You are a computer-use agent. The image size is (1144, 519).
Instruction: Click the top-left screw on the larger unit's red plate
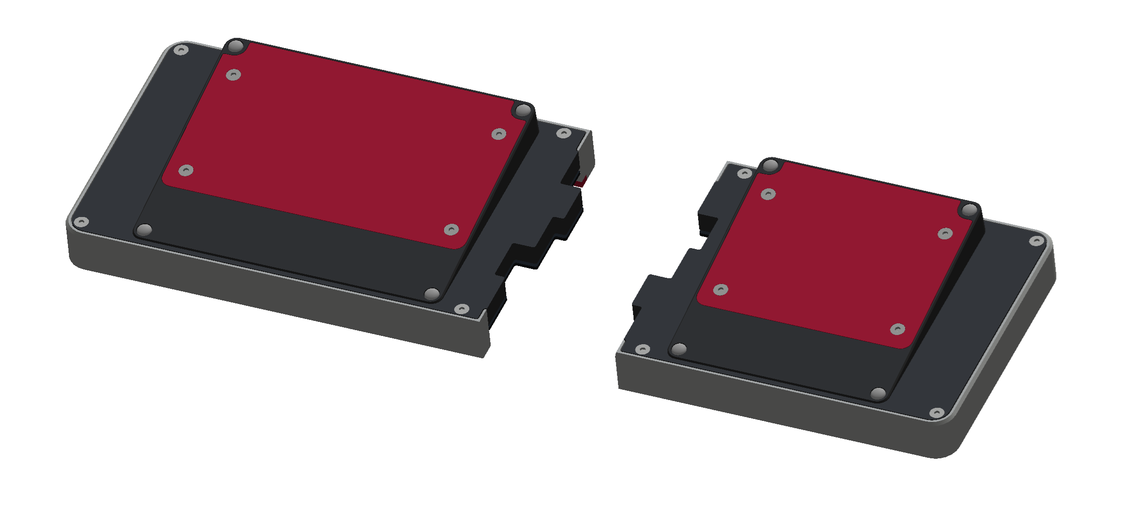point(234,75)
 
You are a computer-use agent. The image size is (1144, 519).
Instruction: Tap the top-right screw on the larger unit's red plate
point(499,134)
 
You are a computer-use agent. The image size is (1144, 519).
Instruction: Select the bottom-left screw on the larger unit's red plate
point(186,170)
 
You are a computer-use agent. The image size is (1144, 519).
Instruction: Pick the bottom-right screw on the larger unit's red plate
point(451,230)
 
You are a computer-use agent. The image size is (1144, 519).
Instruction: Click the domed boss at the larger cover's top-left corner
point(236,47)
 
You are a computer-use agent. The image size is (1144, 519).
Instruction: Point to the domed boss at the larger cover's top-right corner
point(523,111)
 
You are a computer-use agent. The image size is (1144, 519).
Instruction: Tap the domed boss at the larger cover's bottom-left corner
point(145,230)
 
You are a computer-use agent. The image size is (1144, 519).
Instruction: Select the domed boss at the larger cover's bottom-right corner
point(432,294)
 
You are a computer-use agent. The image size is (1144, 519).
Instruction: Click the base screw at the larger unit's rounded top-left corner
point(181,50)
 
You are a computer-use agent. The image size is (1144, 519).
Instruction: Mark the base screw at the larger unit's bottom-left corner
point(81,222)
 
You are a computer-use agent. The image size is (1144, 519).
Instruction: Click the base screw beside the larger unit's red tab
point(563,133)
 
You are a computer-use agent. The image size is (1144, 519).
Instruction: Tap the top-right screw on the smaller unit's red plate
point(945,234)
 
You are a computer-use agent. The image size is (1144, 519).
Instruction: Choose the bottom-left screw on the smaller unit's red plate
point(720,290)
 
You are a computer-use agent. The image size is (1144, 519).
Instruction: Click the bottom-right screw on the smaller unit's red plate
point(898,329)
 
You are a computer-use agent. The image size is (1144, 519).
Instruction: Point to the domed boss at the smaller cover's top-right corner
point(970,210)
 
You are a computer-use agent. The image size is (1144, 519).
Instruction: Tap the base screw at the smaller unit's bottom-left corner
point(643,349)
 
